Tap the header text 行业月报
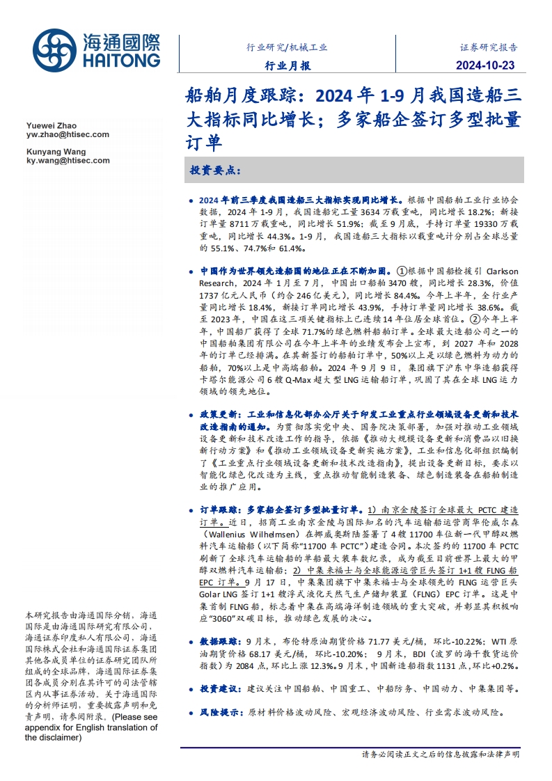tap(288, 66)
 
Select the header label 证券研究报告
tap(489, 48)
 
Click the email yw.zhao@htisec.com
tap(67, 134)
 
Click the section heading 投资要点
tap(215, 170)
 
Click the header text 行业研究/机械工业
tap(287, 48)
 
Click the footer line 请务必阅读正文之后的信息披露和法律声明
tap(440, 754)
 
